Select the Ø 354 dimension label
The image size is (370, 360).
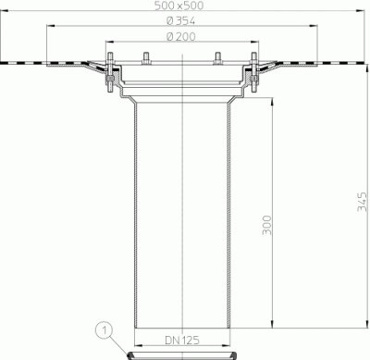pyautogui.click(x=180, y=21)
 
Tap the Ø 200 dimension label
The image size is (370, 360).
pyautogui.click(x=181, y=37)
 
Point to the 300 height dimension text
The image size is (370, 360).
pyautogui.click(x=267, y=225)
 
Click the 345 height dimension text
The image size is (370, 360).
pyautogui.click(x=363, y=202)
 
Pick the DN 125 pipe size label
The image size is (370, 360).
pyautogui.click(x=182, y=340)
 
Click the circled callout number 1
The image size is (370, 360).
pyautogui.click(x=105, y=331)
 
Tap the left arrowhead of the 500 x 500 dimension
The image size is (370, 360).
pyautogui.click(x=4, y=10)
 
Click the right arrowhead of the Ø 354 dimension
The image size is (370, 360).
pyautogui.click(x=314, y=26)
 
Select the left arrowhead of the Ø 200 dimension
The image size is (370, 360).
pyautogui.click(x=110, y=42)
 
